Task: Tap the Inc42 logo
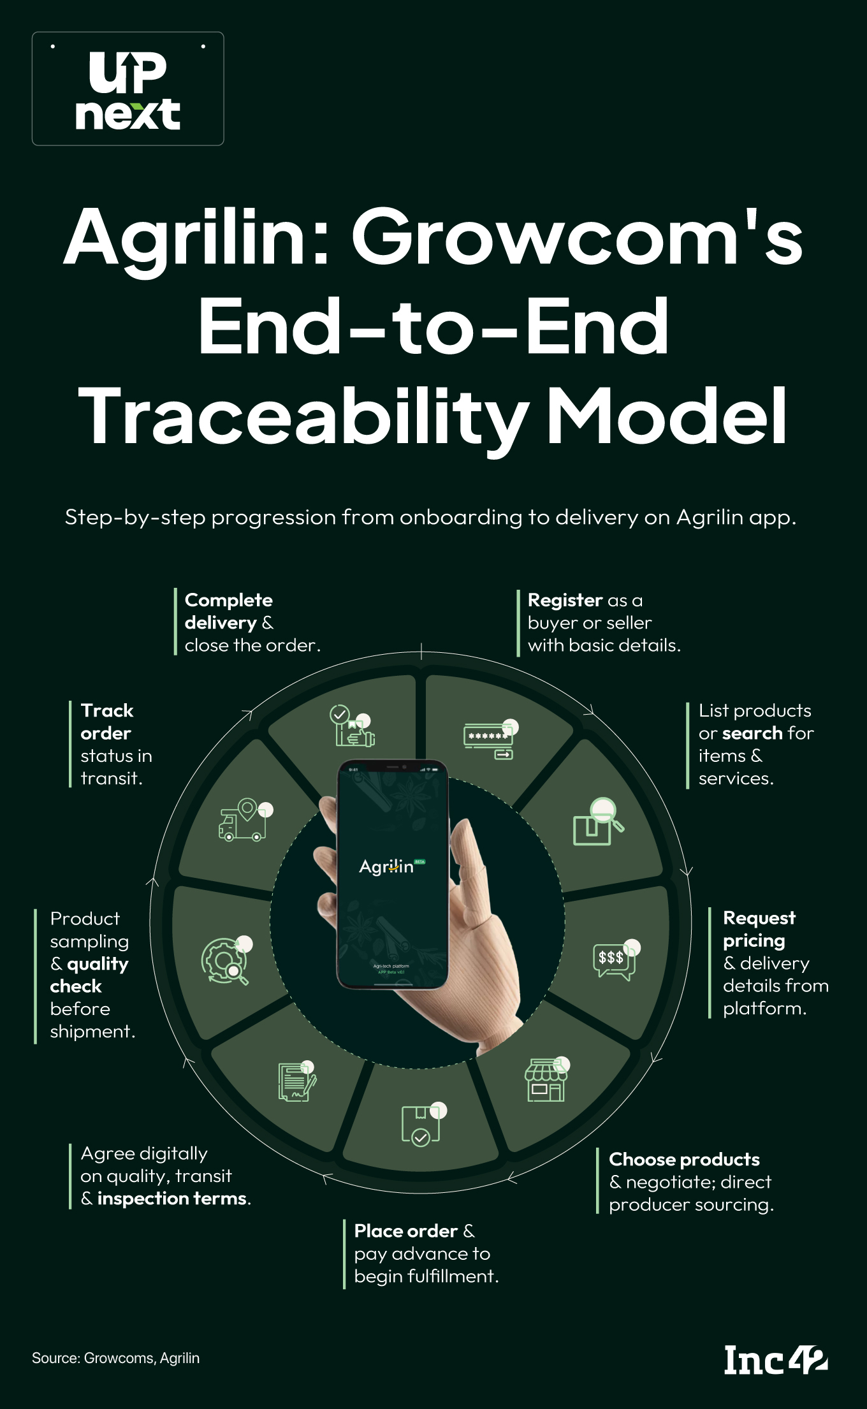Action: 775,1359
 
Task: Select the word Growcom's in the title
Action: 577,237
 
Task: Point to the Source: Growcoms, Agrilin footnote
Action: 115,1358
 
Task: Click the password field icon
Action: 490,739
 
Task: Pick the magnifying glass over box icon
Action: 598,822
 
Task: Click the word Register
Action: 565,600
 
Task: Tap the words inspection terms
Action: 172,1199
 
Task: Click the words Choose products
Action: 684,1159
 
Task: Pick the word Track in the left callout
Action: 107,710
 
